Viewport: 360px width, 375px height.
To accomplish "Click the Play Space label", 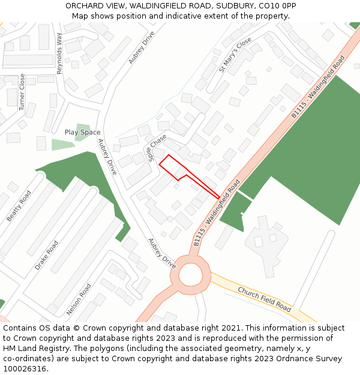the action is (x=82, y=132).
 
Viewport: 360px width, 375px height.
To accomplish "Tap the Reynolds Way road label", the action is (x=59, y=54).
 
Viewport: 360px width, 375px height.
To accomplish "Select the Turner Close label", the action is (x=22, y=92).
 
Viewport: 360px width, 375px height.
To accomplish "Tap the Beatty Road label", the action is (x=19, y=206).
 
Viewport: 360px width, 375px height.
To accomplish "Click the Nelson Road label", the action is (x=79, y=299).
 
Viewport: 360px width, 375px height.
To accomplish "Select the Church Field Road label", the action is (x=265, y=299).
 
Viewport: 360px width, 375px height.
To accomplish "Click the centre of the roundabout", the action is (x=191, y=275).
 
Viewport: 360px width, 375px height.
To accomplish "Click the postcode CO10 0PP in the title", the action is (x=276, y=6).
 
